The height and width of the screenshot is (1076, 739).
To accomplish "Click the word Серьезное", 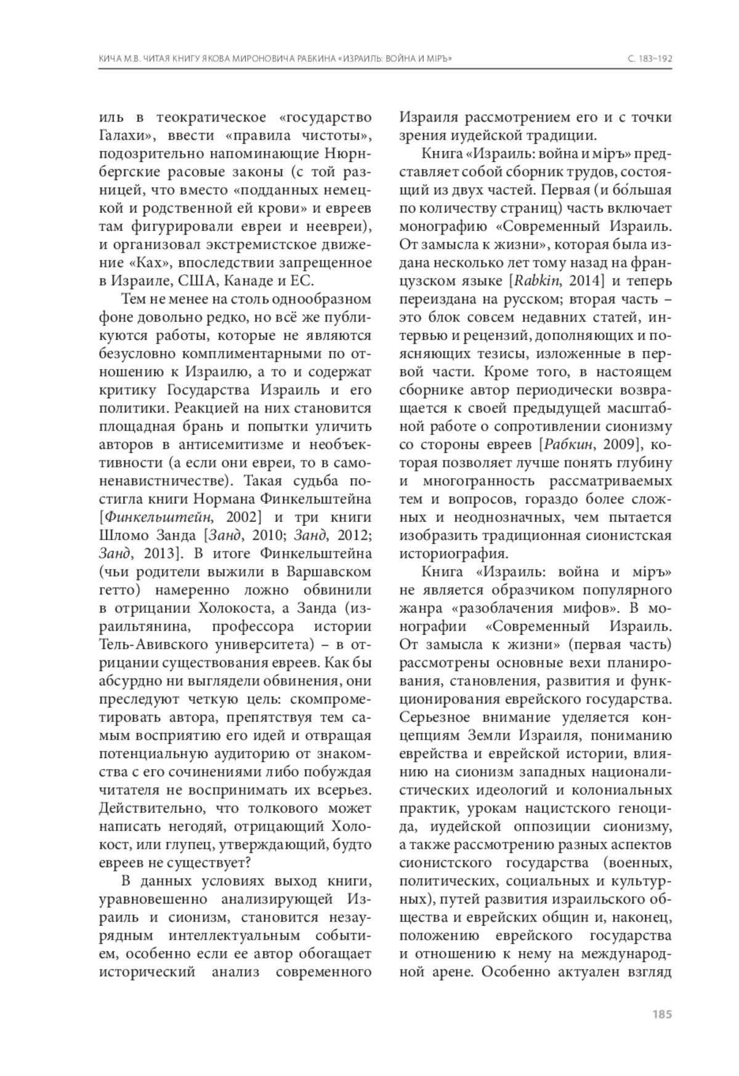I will tap(435, 717).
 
